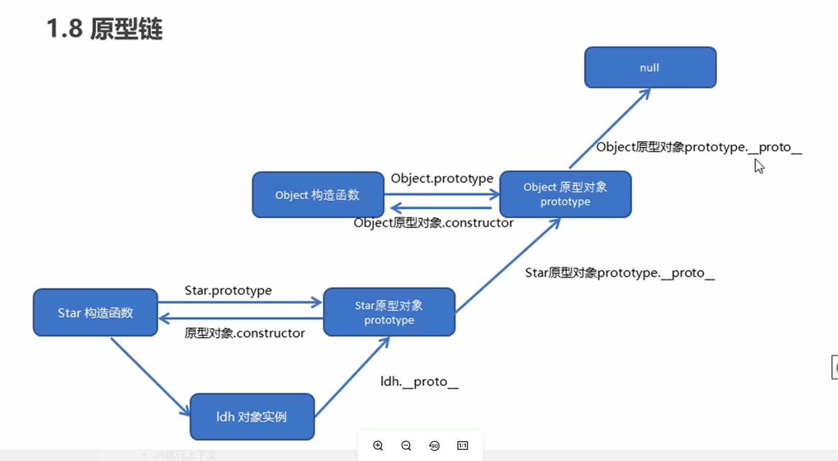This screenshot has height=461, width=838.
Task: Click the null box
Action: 650,68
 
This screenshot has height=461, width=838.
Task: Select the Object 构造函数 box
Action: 318,195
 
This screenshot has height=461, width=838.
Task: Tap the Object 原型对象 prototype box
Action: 565,194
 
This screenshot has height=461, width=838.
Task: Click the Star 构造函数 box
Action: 95,313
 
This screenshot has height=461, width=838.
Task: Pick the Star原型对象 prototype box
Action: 389,312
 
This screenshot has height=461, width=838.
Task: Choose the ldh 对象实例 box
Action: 252,416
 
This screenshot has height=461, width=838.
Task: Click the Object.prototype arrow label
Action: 442,179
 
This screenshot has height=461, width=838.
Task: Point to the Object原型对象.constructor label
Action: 433,223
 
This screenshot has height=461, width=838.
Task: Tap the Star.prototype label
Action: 228,291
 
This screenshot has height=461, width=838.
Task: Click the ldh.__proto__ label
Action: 419,382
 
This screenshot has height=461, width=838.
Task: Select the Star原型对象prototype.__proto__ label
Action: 619,273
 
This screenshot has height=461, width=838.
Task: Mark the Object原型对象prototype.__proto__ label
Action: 699,147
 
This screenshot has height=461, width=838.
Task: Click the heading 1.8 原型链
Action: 104,29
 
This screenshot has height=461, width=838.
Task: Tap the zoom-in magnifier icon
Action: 378,446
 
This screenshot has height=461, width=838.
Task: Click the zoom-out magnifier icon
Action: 406,446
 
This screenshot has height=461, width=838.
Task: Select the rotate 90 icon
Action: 434,446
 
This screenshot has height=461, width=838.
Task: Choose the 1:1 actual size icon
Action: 463,446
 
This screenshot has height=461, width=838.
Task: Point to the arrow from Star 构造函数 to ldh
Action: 150,376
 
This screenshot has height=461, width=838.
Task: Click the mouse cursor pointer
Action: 759,166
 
